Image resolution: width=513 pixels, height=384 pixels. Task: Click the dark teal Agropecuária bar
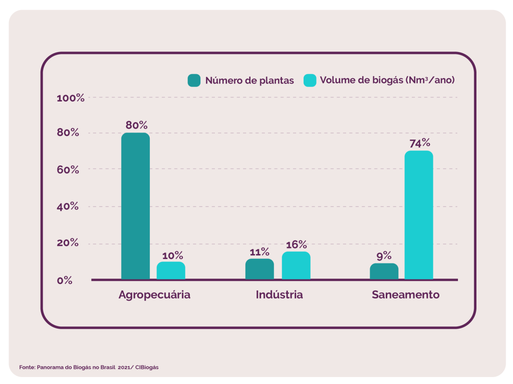(135, 205)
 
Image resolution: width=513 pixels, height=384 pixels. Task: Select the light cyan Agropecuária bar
(171, 270)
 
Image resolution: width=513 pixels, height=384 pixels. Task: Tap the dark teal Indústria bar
(260, 269)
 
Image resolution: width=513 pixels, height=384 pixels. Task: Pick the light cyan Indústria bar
(296, 265)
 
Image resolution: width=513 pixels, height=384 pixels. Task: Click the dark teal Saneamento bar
(384, 271)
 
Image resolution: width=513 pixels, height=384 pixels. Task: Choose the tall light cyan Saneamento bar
(419, 214)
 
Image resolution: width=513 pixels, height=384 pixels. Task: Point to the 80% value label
(136, 125)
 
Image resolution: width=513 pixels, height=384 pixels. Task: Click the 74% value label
(419, 142)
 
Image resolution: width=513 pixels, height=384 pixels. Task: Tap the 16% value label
(296, 244)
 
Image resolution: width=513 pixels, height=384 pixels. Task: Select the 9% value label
(384, 256)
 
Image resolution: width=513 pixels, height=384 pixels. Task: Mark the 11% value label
(260, 251)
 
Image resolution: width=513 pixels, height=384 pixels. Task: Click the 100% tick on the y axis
(71, 98)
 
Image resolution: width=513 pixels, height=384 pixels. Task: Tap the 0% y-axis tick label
(64, 280)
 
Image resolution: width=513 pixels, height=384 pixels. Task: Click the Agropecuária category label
(154, 294)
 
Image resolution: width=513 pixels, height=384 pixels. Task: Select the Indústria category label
(279, 294)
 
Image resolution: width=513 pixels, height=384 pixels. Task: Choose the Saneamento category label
(405, 294)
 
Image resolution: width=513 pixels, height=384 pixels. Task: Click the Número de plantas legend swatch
(194, 80)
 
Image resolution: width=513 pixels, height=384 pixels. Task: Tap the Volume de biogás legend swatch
(310, 80)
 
